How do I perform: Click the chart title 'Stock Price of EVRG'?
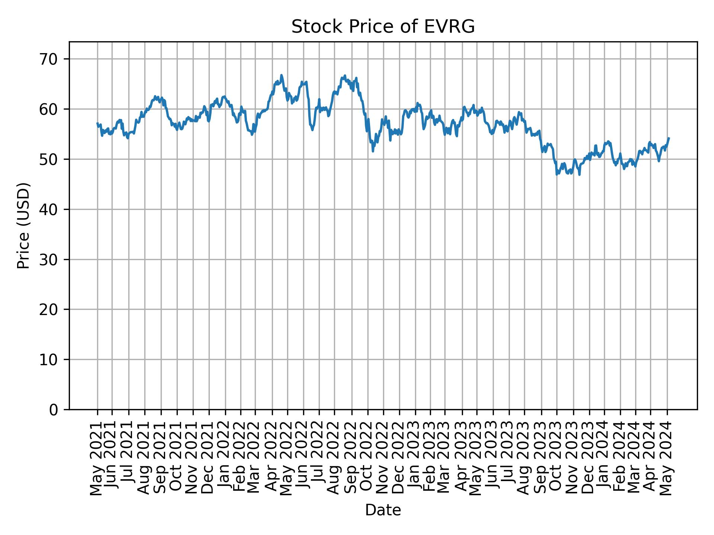[x=383, y=27]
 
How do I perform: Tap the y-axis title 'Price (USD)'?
[x=23, y=226]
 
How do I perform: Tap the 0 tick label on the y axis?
[x=54, y=409]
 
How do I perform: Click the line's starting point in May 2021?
[x=97, y=123]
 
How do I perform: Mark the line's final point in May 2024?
[x=669, y=138]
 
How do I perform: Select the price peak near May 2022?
[x=282, y=75]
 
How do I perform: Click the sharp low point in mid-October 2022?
[x=373, y=151]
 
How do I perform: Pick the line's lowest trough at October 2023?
[x=557, y=174]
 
